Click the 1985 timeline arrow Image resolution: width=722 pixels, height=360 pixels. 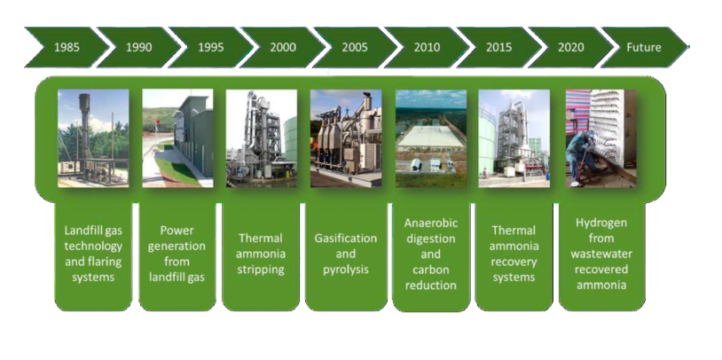(x=67, y=47)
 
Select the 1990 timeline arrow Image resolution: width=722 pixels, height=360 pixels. (x=138, y=47)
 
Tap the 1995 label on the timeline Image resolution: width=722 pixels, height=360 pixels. (x=211, y=47)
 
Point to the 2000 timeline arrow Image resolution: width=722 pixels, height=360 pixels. (x=283, y=47)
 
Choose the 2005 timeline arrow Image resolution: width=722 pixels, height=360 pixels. (x=355, y=47)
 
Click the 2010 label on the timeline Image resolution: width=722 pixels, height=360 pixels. (x=427, y=47)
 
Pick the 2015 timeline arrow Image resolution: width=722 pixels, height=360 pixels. (x=498, y=47)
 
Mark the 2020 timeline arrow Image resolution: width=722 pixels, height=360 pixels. (x=570, y=47)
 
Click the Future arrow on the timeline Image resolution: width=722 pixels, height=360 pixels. (x=644, y=47)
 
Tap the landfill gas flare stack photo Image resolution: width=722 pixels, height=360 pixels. (x=93, y=138)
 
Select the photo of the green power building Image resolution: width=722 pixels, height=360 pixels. (x=177, y=138)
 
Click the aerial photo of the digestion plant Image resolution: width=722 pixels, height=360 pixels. (x=431, y=138)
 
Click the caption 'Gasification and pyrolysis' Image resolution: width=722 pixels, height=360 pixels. (x=346, y=254)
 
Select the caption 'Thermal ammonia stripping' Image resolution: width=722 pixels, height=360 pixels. (x=261, y=254)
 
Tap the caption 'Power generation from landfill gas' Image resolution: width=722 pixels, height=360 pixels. (x=177, y=254)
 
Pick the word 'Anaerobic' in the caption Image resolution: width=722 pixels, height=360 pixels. (x=431, y=223)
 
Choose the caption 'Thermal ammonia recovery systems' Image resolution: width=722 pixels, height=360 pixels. (x=514, y=254)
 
